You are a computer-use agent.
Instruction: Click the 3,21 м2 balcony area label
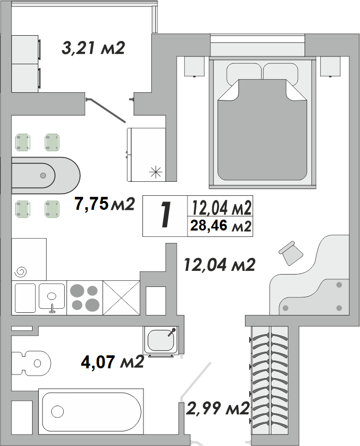pyautogui.click(x=93, y=48)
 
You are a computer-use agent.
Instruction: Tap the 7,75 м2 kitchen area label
pyautogui.click(x=104, y=204)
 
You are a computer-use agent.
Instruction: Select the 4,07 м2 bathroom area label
pyautogui.click(x=112, y=362)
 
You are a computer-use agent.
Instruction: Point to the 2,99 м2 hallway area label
pyautogui.click(x=218, y=408)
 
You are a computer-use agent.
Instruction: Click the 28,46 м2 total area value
pyautogui.click(x=221, y=226)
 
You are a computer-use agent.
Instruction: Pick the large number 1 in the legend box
pyautogui.click(x=165, y=215)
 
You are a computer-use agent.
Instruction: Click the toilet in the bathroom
pyautogui.click(x=31, y=363)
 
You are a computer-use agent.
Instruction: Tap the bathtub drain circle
pyautogui.click(x=57, y=411)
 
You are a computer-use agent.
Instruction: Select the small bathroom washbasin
pyautogui.click(x=161, y=340)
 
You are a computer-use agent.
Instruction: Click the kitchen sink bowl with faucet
pyautogui.click(x=52, y=296)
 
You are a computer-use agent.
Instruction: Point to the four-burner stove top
pyautogui.click(x=85, y=298)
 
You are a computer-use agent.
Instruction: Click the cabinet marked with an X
pyautogui.click(x=121, y=298)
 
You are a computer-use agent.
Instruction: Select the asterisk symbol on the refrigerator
pyautogui.click(x=155, y=172)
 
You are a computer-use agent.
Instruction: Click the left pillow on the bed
pyautogui.click(x=244, y=73)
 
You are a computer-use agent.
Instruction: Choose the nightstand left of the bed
pyautogui.click(x=194, y=66)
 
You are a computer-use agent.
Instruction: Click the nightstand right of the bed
pyautogui.click(x=330, y=66)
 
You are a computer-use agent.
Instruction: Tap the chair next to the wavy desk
pyautogui.click(x=291, y=253)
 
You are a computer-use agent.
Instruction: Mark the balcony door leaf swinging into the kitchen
pyautogui.click(x=106, y=111)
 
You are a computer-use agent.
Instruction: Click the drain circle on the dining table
pyautogui.click(x=43, y=176)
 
